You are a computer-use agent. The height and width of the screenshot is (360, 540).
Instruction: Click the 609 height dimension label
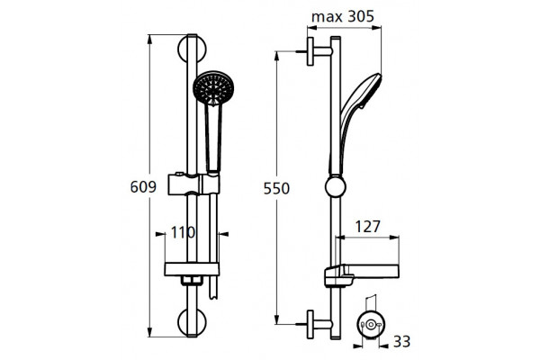point(143,186)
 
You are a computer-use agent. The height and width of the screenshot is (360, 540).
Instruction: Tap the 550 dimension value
point(276,188)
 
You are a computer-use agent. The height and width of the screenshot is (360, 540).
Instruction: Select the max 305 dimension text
point(343,16)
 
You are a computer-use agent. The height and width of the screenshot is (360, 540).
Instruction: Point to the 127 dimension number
point(367,226)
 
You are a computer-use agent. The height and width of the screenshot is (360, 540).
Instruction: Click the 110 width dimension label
point(183,232)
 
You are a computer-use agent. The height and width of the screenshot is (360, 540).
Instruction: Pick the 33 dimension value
point(402,342)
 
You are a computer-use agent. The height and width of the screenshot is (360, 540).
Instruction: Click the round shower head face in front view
point(213,87)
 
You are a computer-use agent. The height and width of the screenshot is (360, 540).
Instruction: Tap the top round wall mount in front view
point(192,49)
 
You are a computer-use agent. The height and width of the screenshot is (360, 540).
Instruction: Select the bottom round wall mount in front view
point(192,322)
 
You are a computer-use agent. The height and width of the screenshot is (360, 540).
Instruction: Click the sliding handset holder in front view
point(193,184)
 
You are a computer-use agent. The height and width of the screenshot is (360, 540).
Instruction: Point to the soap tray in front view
point(192,269)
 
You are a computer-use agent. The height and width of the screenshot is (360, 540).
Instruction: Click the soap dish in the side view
point(362,274)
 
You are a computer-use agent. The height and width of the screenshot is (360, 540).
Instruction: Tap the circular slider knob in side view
point(335,186)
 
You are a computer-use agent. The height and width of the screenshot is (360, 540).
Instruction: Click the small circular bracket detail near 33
point(371,325)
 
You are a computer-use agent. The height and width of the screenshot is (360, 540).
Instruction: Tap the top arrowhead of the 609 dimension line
point(149,39)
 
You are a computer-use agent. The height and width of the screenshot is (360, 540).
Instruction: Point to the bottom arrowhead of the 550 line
point(276,319)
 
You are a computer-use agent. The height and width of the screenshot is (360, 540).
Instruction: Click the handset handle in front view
point(213,138)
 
